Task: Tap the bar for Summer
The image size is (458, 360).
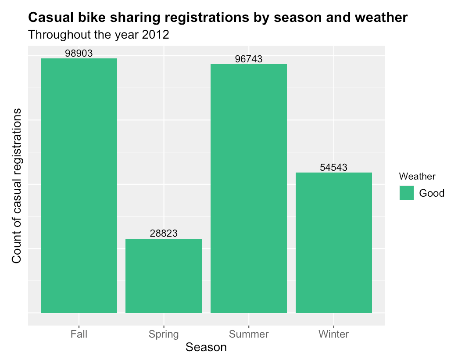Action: point(249,188)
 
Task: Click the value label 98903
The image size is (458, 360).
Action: point(79,54)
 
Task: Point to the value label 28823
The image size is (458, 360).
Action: point(164,234)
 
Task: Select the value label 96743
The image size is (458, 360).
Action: point(249,59)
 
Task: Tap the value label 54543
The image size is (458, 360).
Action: point(334,168)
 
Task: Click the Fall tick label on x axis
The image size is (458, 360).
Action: point(79,335)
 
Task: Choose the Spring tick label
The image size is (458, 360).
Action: point(164,335)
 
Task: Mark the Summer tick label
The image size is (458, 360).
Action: point(249,335)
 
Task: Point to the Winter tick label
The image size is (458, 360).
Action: point(334,335)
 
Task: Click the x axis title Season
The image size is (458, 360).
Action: point(206,348)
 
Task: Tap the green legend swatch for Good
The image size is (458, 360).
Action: point(407,193)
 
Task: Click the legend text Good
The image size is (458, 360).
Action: point(432,193)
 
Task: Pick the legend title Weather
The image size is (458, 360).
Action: point(417,176)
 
